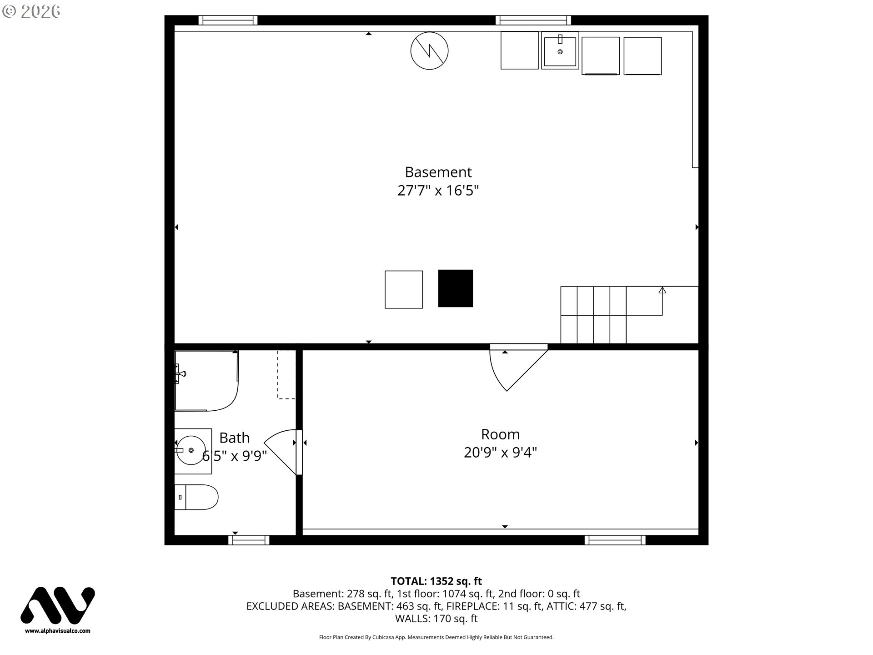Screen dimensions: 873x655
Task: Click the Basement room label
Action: [438, 172]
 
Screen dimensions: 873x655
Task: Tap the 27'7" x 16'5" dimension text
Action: [438, 190]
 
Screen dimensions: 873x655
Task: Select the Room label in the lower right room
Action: [500, 434]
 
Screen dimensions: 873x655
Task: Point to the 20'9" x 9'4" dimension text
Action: [500, 453]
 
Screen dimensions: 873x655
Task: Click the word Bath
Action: [235, 438]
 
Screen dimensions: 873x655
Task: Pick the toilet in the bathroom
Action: [196, 497]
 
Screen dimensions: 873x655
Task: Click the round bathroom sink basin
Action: [191, 450]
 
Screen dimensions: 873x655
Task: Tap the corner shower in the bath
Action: [206, 380]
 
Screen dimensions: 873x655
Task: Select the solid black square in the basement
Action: [456, 288]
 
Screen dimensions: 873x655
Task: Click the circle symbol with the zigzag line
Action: [429, 51]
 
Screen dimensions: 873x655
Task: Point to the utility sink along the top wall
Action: [560, 50]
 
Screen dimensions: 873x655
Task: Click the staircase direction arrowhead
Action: [662, 290]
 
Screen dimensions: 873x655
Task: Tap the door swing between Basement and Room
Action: [518, 368]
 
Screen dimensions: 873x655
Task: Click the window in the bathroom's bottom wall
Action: [249, 540]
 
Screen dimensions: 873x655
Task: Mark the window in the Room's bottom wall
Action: [615, 540]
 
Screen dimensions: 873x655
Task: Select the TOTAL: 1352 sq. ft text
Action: [436, 581]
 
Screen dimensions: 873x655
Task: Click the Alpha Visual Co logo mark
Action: [58, 605]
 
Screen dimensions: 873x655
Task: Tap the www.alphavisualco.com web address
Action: [58, 631]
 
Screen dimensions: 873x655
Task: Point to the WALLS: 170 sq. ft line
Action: [436, 619]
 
